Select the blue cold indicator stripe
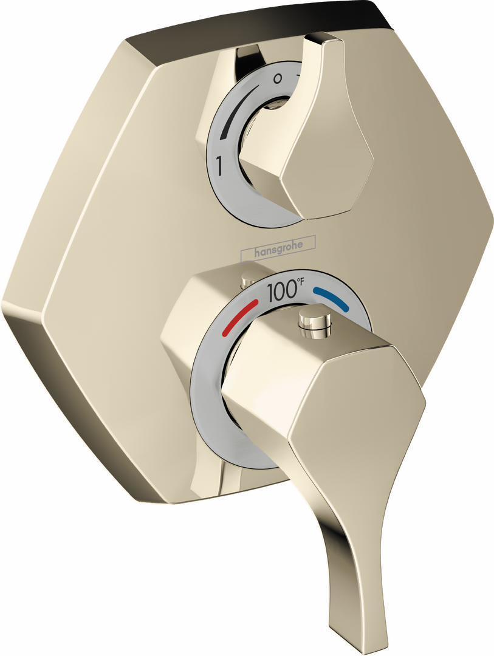[x=331, y=298]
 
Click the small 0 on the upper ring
[x=278, y=78]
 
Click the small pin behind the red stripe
[x=247, y=280]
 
